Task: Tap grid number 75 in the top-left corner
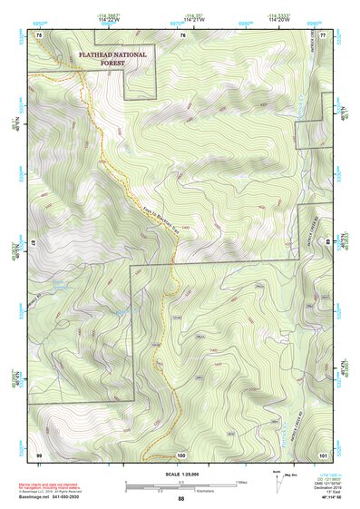pos(39,34)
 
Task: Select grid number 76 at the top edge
pos(182,34)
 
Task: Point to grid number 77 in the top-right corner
pos(323,34)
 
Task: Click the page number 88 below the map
pos(180,499)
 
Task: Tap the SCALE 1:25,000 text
pos(180,474)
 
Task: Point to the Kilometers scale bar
pos(180,488)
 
